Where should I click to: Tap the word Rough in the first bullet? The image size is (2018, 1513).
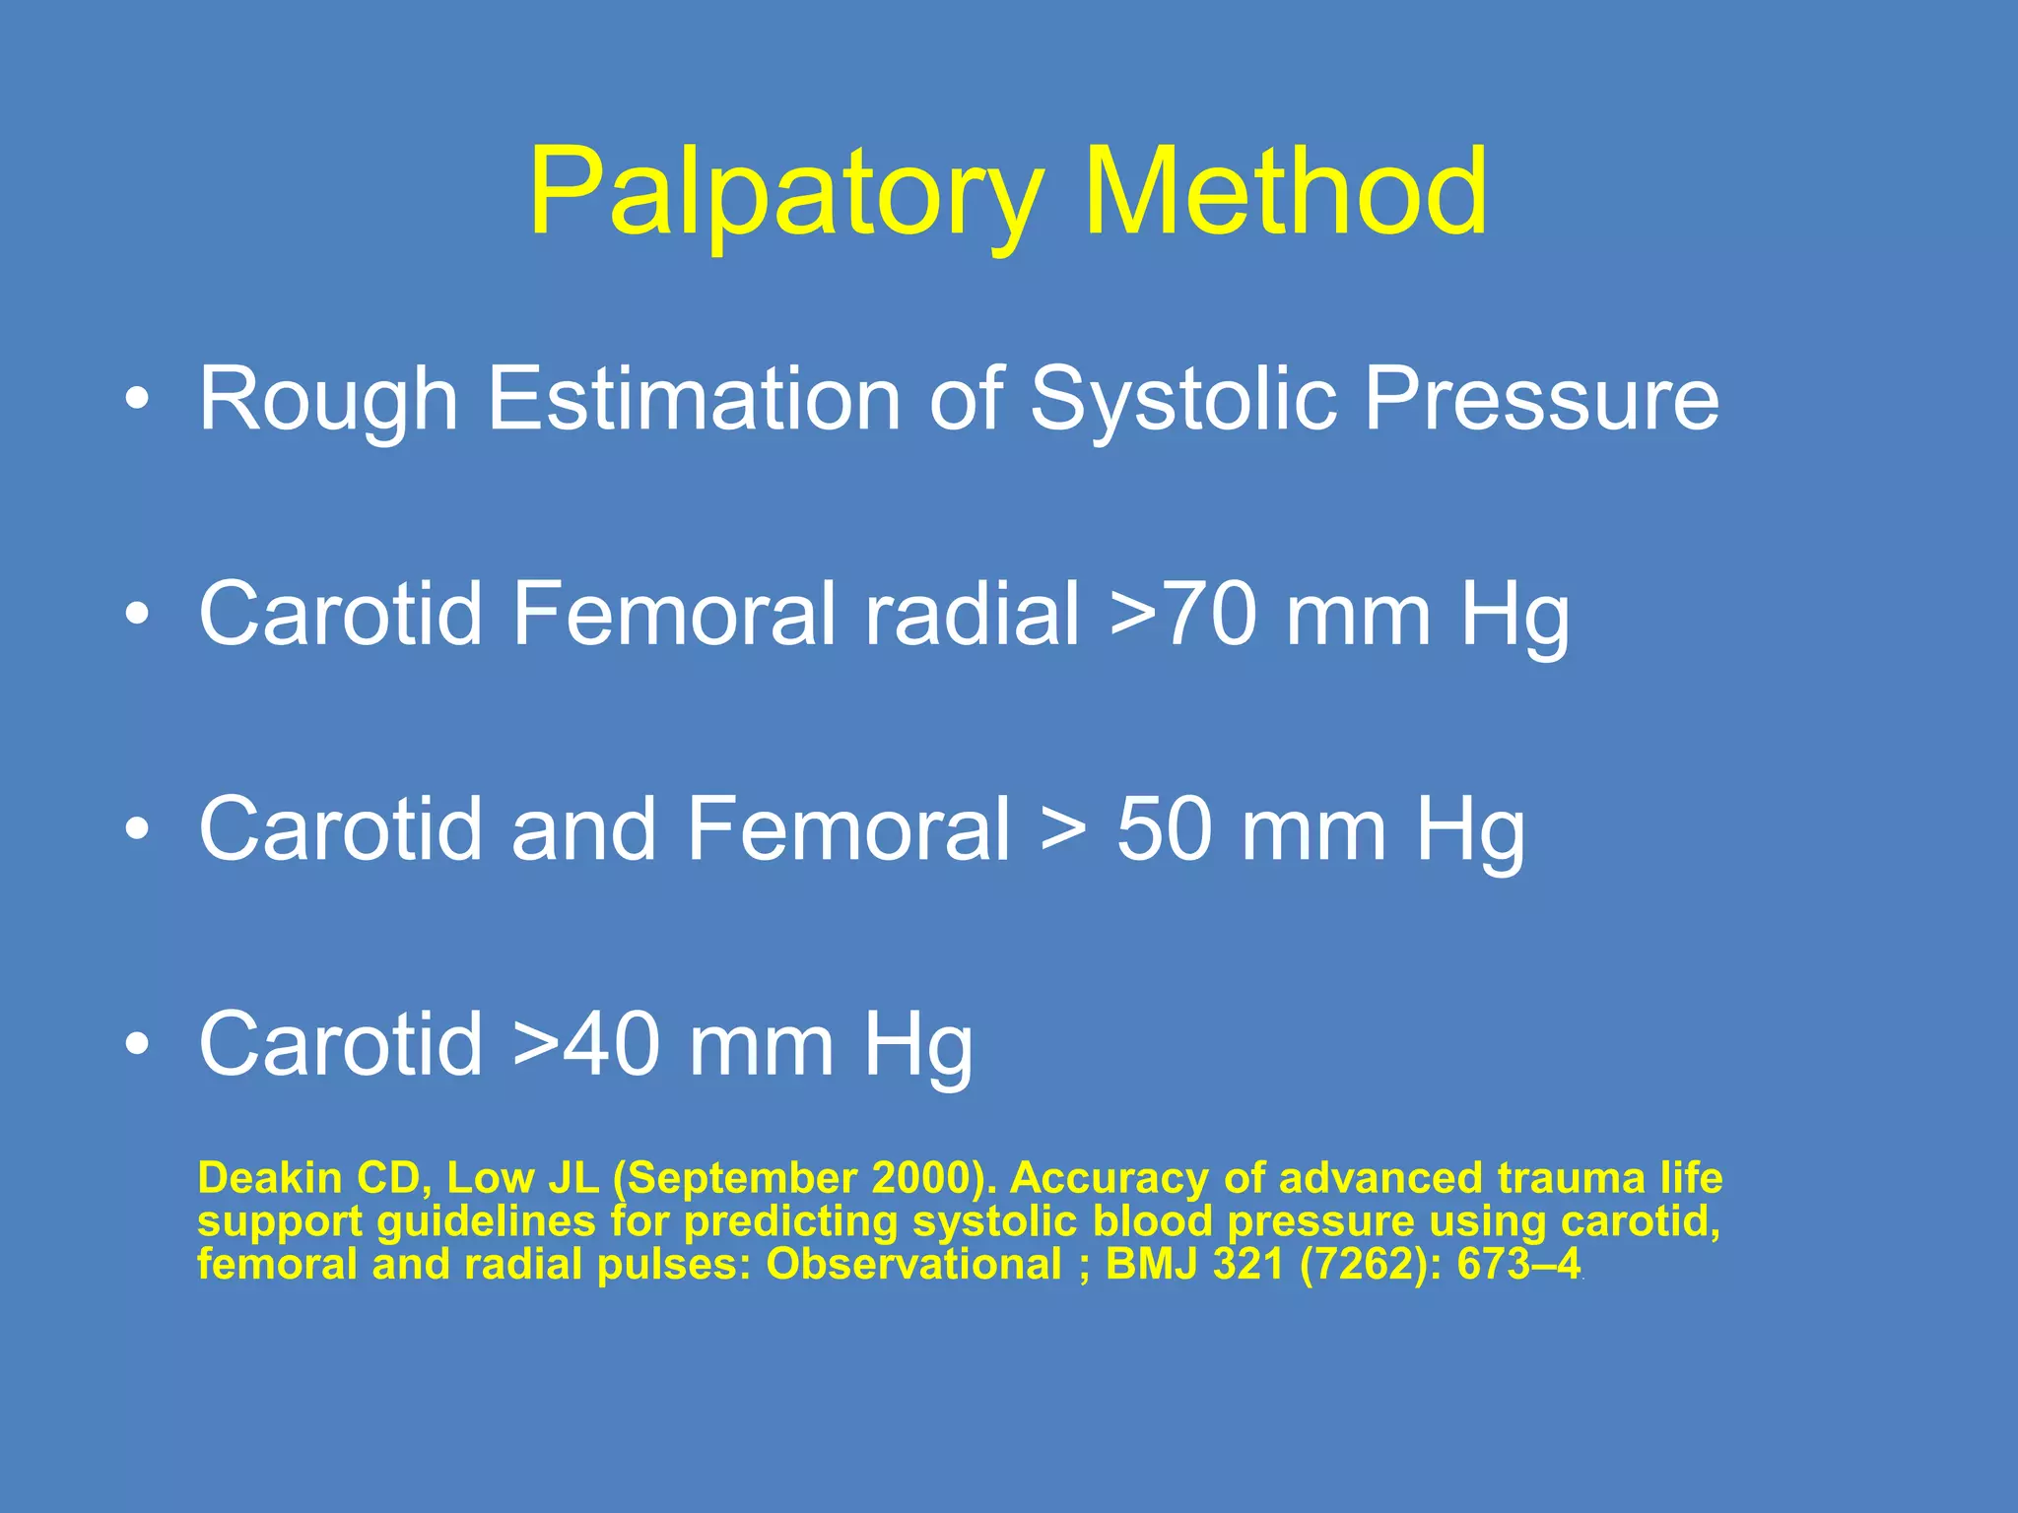click(329, 399)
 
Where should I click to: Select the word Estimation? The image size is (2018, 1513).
click(694, 398)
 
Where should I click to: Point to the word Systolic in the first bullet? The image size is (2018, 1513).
click(1182, 399)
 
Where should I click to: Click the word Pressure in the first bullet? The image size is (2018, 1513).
click(1541, 399)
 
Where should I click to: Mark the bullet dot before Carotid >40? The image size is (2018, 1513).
click(138, 1045)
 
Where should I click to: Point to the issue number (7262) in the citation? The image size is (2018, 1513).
click(1363, 1264)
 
